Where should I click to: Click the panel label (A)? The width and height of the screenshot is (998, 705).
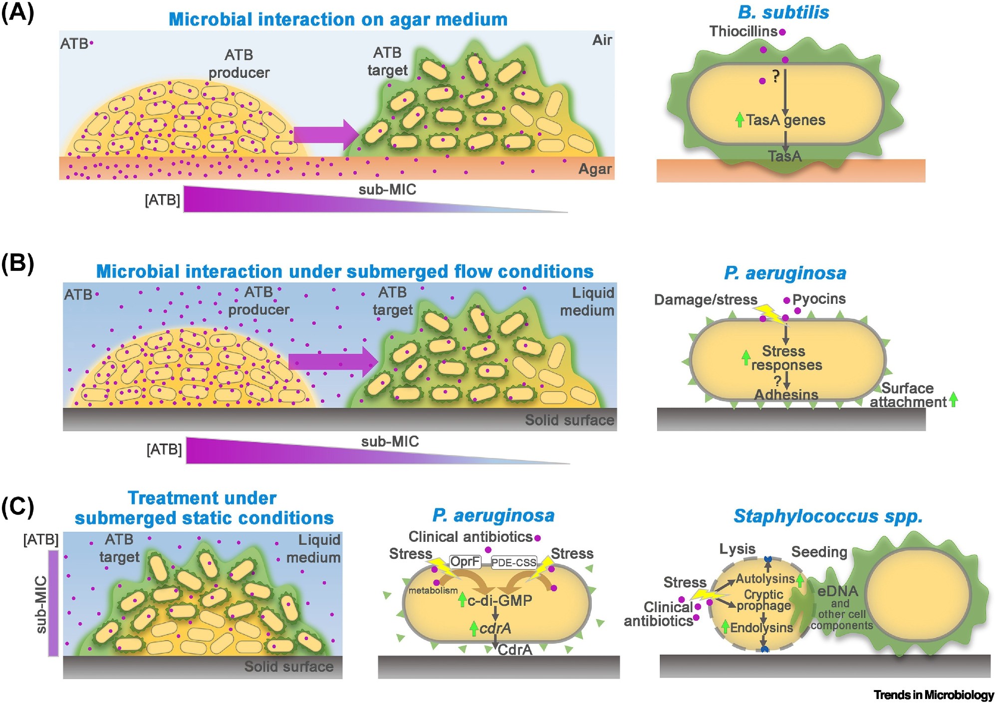pos(17,13)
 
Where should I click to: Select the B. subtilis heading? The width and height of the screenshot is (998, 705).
pos(783,12)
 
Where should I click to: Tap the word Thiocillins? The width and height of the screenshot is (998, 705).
pos(743,31)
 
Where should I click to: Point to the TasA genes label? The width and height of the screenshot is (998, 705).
pos(785,120)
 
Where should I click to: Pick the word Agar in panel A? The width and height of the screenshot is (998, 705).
pos(595,169)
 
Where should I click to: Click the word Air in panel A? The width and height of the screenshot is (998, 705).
pos(602,40)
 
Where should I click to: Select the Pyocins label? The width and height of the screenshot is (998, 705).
pos(819,299)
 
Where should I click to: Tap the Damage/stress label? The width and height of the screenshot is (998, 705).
pos(705,299)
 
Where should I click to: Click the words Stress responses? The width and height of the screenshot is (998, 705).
pos(785,358)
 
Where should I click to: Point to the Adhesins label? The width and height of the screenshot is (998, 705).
pos(786,395)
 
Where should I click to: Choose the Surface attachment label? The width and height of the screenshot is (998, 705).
pos(908,395)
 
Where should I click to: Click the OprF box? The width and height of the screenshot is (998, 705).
pos(465,562)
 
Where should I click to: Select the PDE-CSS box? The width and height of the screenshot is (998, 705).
pos(513,562)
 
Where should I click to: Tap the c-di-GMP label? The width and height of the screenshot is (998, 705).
pos(499,600)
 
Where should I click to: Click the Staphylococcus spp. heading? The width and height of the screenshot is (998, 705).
pos(828,516)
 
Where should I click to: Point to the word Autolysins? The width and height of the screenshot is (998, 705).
pos(765,579)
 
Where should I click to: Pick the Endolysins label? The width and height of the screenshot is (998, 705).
pos(761,628)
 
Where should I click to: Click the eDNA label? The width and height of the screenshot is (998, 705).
pos(837,591)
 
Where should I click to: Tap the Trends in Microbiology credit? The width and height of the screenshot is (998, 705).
pos(934,695)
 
